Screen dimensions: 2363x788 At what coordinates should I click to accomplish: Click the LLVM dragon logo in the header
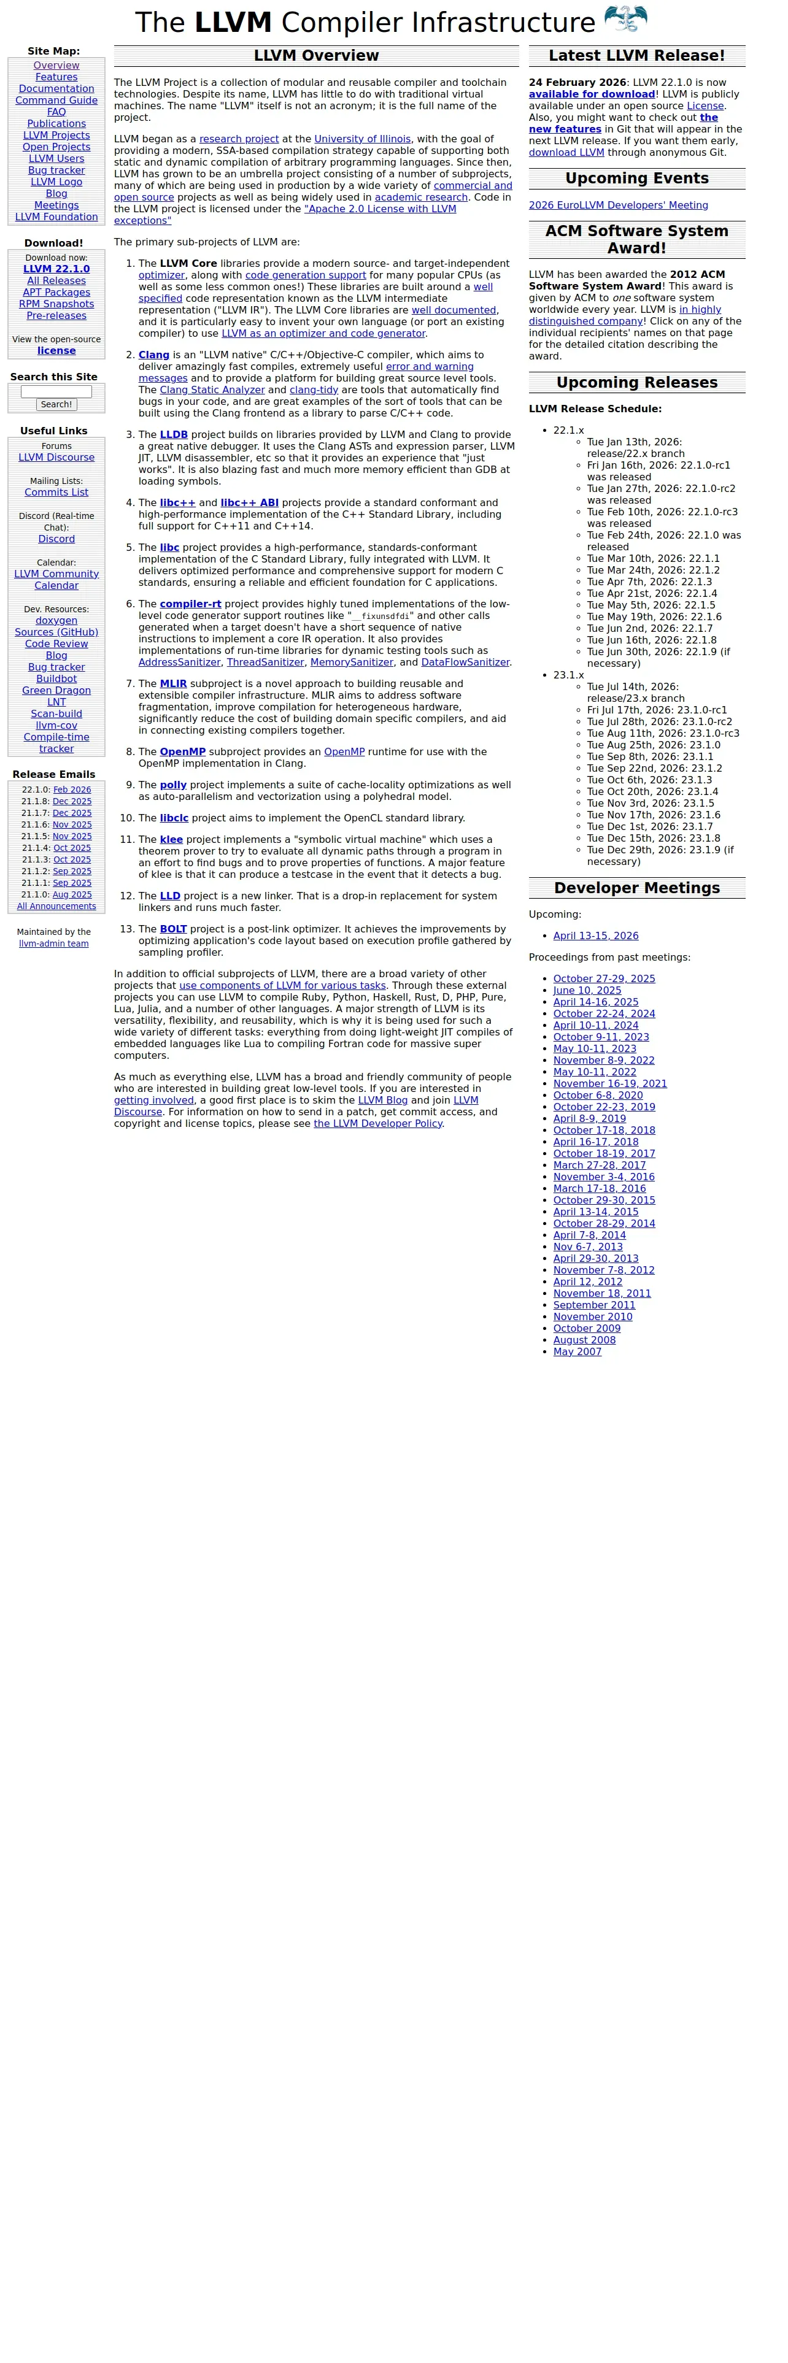coord(625,19)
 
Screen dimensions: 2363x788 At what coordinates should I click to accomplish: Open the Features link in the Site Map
coord(56,77)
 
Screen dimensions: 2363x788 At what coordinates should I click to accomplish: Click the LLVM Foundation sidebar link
coord(56,217)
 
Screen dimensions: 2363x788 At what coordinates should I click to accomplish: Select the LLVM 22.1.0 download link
coord(56,269)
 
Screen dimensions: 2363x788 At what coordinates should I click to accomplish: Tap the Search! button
coord(56,404)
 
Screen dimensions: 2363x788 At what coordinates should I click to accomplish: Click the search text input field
coord(56,392)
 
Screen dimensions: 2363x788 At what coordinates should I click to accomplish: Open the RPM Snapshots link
coord(56,304)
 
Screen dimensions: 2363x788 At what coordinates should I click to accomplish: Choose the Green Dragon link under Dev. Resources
coord(56,691)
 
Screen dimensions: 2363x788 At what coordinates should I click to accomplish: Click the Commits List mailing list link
coord(56,493)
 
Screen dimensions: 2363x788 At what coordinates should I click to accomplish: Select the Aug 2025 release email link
coord(72,895)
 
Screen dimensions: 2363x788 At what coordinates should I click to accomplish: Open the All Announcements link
coord(56,906)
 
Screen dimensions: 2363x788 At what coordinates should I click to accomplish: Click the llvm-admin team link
coord(54,944)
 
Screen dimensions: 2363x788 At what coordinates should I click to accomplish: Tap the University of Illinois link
coord(362,139)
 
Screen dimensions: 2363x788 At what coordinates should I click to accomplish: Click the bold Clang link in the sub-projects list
coord(154,355)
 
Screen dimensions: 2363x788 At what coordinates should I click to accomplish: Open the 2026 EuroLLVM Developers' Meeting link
coord(618,206)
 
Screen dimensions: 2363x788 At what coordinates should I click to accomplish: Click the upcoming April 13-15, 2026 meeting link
coord(595,936)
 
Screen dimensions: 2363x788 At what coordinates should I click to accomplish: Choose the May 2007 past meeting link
coord(577,1352)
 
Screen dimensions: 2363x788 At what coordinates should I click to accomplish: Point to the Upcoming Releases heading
coord(636,383)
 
